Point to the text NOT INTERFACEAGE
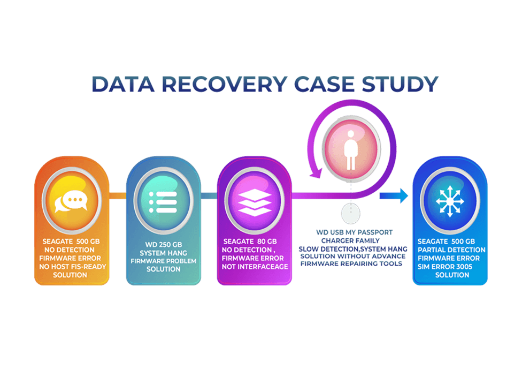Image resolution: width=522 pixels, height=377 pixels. pyautogui.click(x=255, y=267)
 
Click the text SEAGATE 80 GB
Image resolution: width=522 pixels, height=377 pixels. pyautogui.click(x=249, y=242)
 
